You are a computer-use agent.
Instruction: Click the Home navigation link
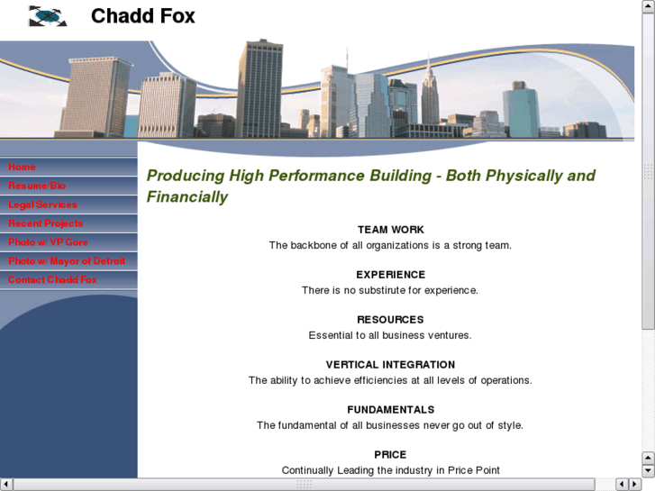23,167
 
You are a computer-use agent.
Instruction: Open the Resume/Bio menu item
37,186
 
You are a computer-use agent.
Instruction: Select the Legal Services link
42,205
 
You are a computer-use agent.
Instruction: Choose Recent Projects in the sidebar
45,223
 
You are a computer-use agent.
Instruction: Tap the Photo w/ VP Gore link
48,242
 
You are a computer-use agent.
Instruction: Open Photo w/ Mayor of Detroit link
67,261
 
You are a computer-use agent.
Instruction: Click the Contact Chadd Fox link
52,280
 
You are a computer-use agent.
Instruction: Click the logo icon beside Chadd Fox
48,16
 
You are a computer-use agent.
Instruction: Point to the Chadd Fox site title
142,16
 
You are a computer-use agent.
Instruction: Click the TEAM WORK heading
390,230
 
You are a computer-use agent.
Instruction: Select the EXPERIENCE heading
390,275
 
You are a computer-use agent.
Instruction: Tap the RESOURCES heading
390,320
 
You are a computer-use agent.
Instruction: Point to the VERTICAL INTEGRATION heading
390,365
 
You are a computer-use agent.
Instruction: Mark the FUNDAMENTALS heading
390,410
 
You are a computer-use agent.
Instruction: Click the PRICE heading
390,455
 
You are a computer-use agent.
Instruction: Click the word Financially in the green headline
187,196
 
